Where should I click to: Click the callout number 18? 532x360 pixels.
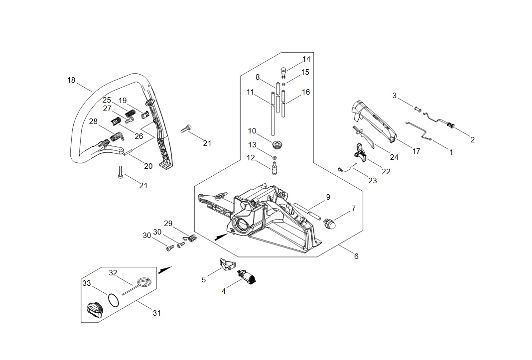[x=71, y=80]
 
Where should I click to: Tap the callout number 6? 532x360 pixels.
[x=356, y=256]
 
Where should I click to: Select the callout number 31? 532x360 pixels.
[x=156, y=313]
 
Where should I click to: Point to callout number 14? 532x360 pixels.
[x=306, y=59]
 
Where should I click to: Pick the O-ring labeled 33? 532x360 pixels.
[x=114, y=300]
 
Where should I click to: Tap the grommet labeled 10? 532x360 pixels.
[x=277, y=144]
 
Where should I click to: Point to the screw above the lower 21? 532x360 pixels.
[x=120, y=172]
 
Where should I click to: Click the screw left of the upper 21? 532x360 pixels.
[x=186, y=129]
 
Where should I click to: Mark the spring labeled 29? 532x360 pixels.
[x=191, y=238]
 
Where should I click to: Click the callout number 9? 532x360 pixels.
[x=328, y=197]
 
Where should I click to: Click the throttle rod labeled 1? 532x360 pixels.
[x=418, y=130]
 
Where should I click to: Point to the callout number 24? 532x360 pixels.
[x=394, y=157]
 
